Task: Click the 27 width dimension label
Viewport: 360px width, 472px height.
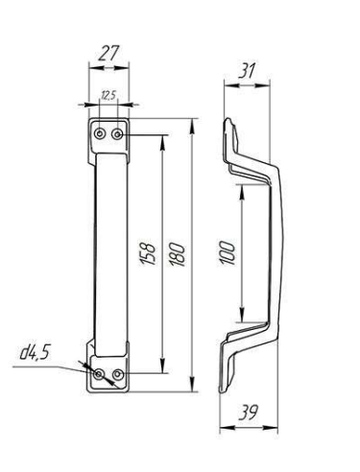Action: pyautogui.click(x=108, y=53)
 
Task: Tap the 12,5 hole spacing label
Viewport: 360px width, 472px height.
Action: pyautogui.click(x=108, y=95)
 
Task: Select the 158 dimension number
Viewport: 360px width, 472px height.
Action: pyautogui.click(x=148, y=254)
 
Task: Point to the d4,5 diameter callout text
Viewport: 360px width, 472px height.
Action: pyautogui.click(x=35, y=352)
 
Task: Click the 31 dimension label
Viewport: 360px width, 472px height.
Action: pyautogui.click(x=247, y=71)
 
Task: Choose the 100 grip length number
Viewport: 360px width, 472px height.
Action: pyautogui.click(x=228, y=253)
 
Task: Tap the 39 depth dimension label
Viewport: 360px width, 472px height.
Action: pyautogui.click(x=248, y=413)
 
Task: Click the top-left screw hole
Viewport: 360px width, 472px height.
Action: pyautogui.click(x=100, y=134)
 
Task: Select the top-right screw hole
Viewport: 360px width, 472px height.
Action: pyautogui.click(x=117, y=134)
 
